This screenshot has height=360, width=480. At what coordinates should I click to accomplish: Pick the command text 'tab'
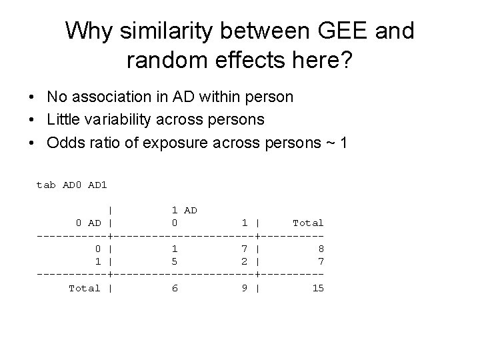[46, 185]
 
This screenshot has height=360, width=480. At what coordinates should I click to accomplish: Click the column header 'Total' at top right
[307, 223]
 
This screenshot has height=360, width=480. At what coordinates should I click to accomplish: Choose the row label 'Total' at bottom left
[85, 288]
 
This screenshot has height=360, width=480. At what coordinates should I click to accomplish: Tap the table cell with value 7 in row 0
[245, 249]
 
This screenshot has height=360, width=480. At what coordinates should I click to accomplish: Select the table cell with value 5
[174, 261]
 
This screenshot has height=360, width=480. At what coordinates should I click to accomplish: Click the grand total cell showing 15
[317, 288]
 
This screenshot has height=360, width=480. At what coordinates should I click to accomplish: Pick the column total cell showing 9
[245, 288]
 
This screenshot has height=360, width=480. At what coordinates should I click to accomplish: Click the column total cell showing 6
[174, 288]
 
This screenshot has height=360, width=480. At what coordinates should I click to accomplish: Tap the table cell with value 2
[245, 261]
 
